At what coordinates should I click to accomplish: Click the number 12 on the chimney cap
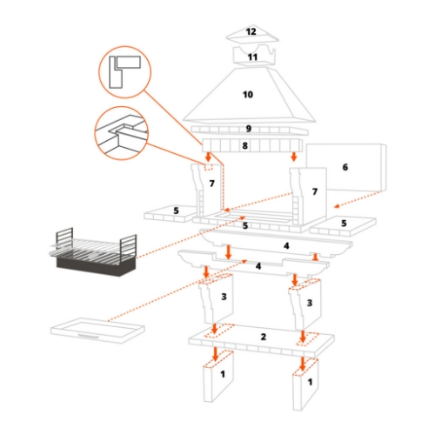(251, 31)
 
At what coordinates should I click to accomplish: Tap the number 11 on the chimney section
(251, 57)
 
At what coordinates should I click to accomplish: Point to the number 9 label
(248, 129)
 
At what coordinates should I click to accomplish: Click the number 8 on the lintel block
(245, 146)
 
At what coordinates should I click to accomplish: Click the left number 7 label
(211, 184)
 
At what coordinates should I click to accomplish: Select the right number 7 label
(316, 190)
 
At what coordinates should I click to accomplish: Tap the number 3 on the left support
(224, 298)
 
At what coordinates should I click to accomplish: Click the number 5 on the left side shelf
(177, 210)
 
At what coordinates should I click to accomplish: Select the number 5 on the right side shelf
(344, 224)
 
